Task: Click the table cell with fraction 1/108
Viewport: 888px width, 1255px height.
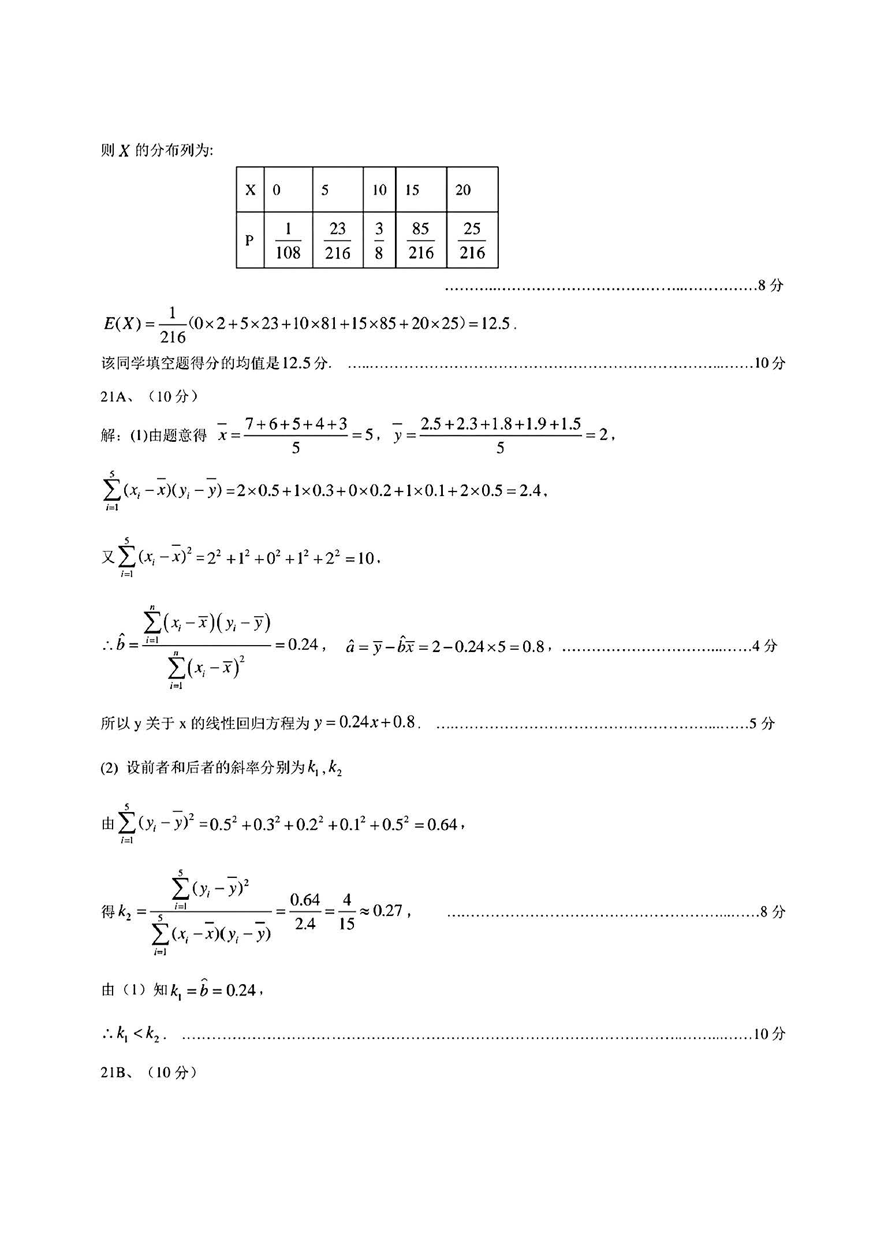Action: click(x=288, y=240)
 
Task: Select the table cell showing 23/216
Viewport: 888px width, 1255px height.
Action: click(x=338, y=240)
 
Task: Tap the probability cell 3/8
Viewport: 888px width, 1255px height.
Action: click(x=379, y=240)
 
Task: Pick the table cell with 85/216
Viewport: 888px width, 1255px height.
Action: click(x=421, y=240)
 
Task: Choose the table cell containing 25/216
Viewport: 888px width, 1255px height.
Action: click(x=472, y=240)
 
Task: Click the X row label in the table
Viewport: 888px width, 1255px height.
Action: click(x=250, y=190)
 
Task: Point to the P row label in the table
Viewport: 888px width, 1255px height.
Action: click(x=250, y=240)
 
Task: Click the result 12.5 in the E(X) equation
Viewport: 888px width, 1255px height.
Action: click(x=495, y=323)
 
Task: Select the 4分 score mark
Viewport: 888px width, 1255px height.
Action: click(x=764, y=646)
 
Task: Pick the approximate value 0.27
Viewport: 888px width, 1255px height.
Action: click(x=387, y=911)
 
